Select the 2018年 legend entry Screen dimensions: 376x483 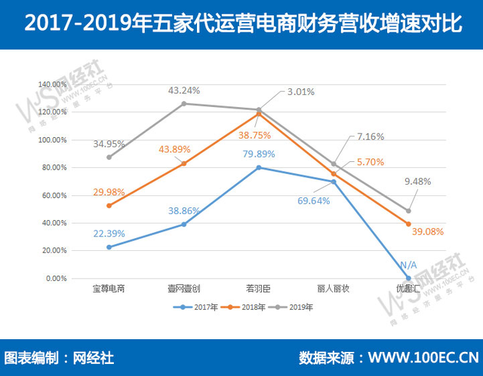245,307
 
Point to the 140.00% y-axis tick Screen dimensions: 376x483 53,84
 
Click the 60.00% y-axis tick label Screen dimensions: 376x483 54,195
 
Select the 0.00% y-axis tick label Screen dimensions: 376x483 57,278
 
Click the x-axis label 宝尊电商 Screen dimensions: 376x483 109,289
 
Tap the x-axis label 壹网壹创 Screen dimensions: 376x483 183,289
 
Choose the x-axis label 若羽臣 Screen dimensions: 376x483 258,289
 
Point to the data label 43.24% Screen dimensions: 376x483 185,90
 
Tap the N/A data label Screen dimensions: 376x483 408,264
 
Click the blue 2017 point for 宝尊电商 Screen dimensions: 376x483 109,247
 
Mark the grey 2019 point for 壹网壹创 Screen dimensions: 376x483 184,103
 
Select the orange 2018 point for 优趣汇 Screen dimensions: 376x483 408,224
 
